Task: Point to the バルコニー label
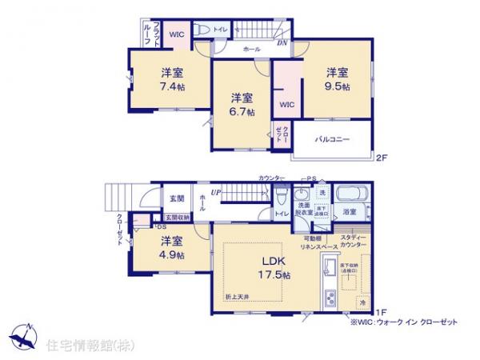(x=331, y=139)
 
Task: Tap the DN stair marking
(x=282, y=42)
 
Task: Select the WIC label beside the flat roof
(x=177, y=34)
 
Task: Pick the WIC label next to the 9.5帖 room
(x=286, y=105)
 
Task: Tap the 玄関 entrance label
(x=175, y=198)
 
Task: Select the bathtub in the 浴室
(x=349, y=195)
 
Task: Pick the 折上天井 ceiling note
(x=238, y=297)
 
